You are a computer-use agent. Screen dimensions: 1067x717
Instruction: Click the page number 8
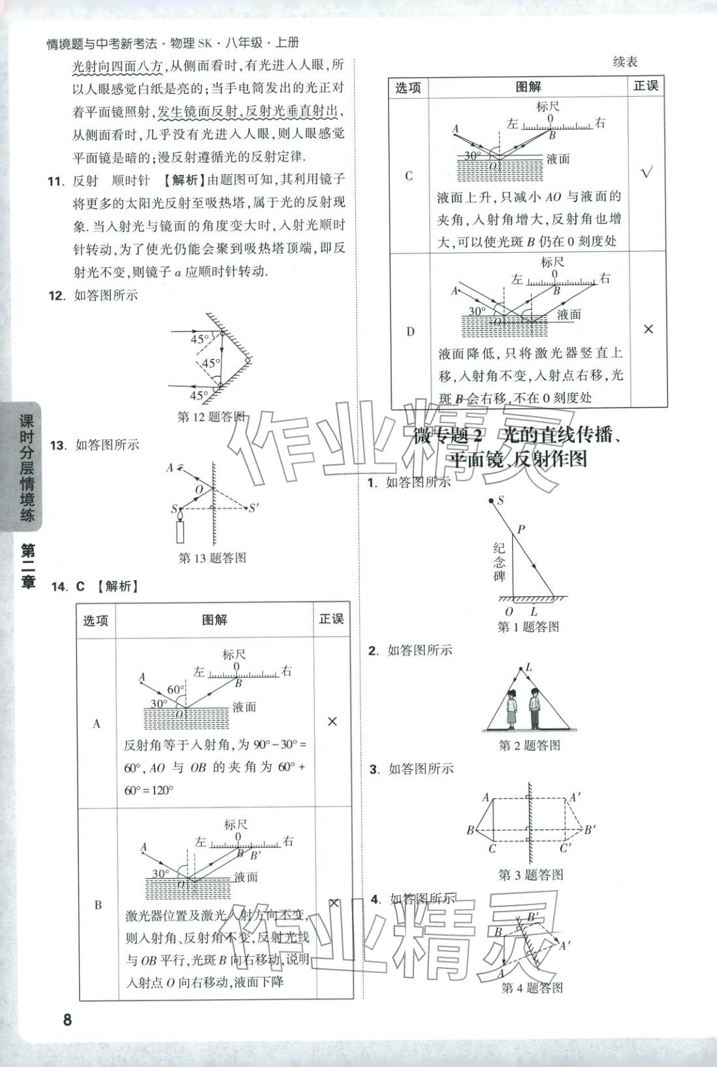point(67,1019)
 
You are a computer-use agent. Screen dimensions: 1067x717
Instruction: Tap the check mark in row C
point(646,174)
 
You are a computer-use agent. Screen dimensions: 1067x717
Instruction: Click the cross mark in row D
point(648,330)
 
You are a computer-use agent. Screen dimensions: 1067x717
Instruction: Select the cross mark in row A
point(332,721)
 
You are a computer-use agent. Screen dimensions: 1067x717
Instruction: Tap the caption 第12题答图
point(212,417)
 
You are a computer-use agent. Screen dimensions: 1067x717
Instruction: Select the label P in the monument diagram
point(521,529)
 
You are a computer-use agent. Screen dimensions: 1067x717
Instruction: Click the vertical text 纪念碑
point(500,562)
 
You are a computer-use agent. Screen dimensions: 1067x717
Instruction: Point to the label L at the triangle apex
point(529,667)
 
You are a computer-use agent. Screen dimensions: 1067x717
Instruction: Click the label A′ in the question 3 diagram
point(575,797)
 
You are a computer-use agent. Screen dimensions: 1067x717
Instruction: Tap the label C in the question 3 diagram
point(492,848)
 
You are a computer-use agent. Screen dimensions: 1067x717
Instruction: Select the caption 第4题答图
point(532,988)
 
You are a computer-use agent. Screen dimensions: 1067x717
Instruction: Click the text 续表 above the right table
point(625,62)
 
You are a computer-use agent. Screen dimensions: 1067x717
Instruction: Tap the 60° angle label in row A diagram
point(176,690)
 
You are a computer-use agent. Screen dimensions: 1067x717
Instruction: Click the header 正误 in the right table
point(646,86)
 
